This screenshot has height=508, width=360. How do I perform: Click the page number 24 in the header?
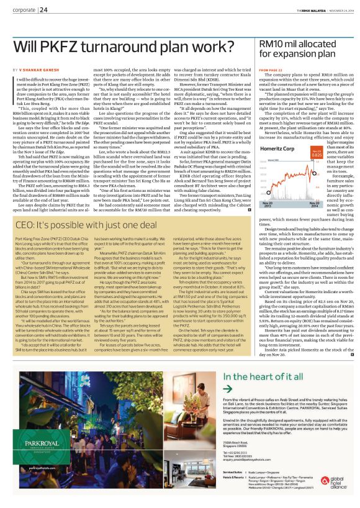coord(43,9)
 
